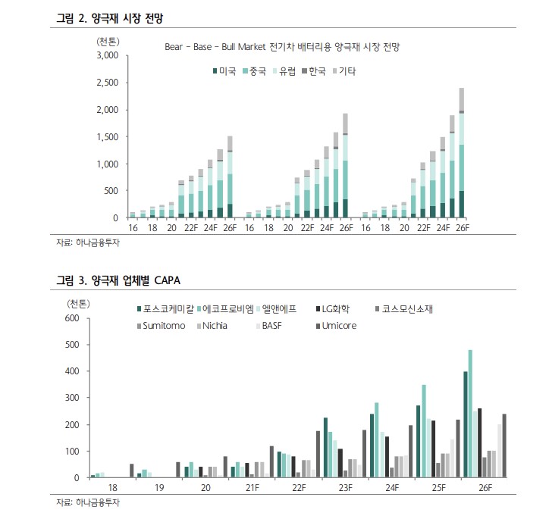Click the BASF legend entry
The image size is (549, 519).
274,326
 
